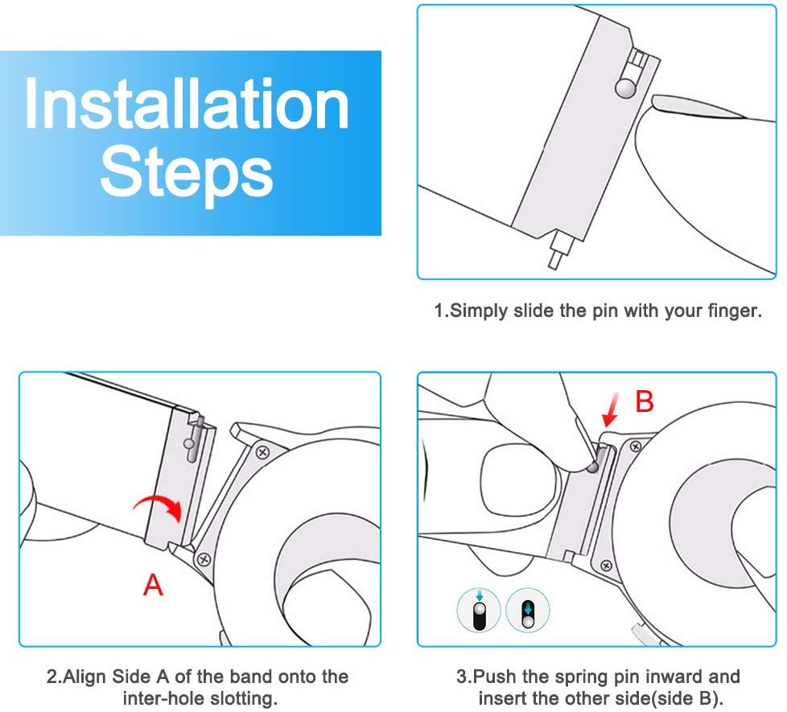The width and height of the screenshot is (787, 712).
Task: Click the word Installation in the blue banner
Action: pos(187,105)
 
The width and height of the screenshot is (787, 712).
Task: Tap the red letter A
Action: pos(153,585)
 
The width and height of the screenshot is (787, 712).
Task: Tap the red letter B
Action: pos(645,401)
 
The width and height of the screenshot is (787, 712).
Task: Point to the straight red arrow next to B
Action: pos(611,410)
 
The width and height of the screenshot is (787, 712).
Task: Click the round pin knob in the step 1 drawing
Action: pos(626,88)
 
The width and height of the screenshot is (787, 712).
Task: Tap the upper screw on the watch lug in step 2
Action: pos(262,453)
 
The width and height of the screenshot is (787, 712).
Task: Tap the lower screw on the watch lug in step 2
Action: pos(204,559)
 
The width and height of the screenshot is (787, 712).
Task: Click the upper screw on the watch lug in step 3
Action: pos(636,446)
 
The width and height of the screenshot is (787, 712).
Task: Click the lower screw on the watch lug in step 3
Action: pos(606,566)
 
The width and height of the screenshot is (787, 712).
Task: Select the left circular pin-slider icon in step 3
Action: pos(479,610)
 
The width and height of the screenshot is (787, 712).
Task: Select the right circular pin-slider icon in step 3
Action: pos(528,610)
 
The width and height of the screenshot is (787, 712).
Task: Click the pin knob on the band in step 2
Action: pos(189,443)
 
